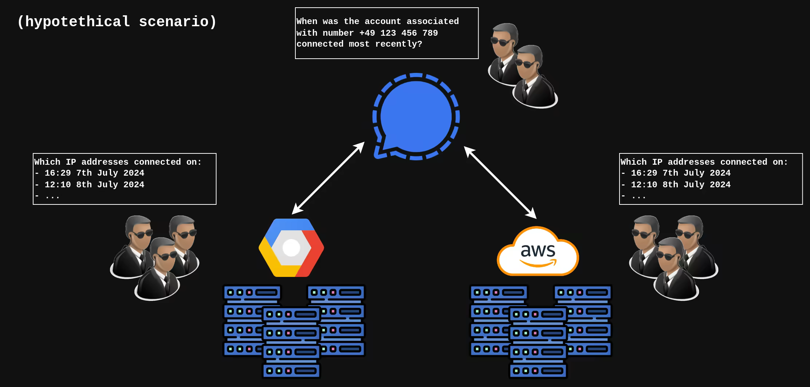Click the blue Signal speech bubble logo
[x=416, y=117]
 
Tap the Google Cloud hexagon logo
[x=291, y=248]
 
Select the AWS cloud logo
[x=538, y=251]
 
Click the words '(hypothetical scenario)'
[x=117, y=21]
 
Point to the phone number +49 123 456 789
[x=398, y=33]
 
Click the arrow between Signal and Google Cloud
[x=328, y=178]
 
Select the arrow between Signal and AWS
[x=500, y=182]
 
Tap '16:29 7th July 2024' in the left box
[x=94, y=173]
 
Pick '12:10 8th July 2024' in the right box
[x=681, y=185]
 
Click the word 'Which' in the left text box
[x=47, y=162]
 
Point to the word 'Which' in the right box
[x=634, y=162]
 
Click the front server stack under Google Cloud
[x=291, y=343]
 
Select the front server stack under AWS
[x=538, y=343]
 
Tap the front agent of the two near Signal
[x=534, y=78]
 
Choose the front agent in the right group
[x=676, y=270]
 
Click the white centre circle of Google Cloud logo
[x=291, y=248]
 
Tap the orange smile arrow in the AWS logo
[x=538, y=263]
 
